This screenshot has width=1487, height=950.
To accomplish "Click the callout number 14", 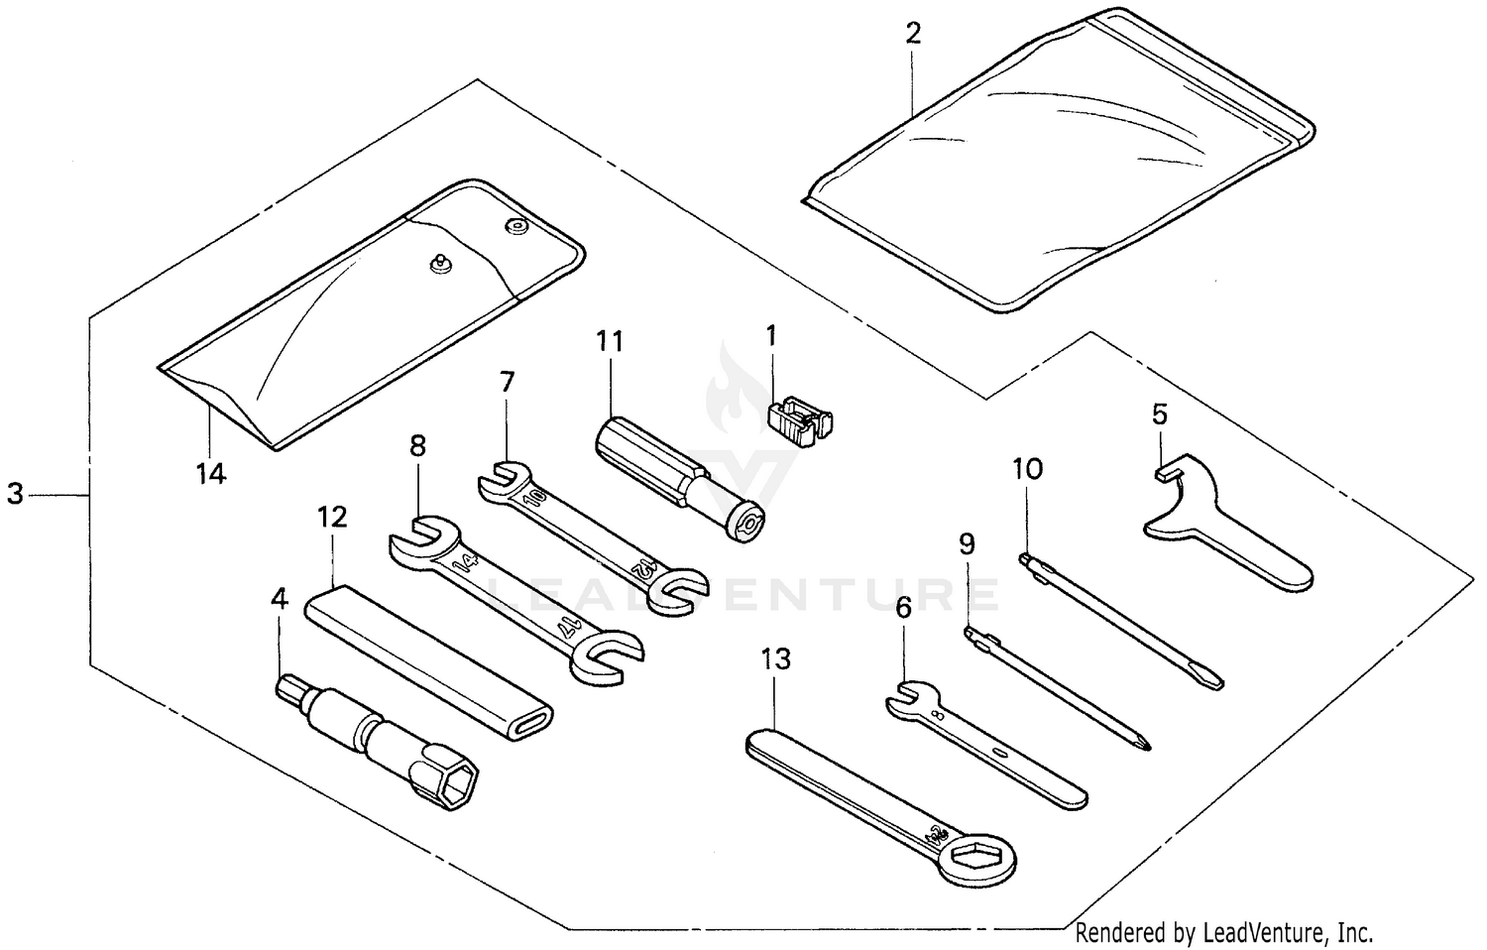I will [x=210, y=474].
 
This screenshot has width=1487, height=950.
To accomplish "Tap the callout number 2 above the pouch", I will [x=913, y=34].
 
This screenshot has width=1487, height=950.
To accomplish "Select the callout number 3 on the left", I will [x=15, y=493].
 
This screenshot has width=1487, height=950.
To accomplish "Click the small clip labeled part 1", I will [x=800, y=420].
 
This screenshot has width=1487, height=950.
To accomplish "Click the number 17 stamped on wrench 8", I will [x=567, y=625].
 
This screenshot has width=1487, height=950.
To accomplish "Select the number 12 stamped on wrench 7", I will [x=644, y=569].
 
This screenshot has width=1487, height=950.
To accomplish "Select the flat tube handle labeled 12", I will [x=426, y=658].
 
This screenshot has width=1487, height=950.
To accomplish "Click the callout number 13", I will [x=776, y=658].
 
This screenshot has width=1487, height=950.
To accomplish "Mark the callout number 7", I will [x=508, y=382].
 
